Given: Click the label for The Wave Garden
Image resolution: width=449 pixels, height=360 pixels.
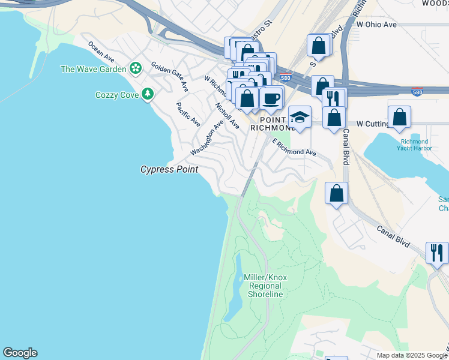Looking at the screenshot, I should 93,69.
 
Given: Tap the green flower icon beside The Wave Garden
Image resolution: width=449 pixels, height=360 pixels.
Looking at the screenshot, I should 136,68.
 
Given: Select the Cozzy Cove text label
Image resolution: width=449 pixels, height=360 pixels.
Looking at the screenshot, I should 117,95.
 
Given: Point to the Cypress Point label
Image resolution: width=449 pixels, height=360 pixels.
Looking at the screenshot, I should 169,170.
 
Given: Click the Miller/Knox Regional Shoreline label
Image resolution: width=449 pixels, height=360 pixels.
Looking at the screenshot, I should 265,286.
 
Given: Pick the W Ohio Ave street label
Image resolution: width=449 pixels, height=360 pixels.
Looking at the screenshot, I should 376,25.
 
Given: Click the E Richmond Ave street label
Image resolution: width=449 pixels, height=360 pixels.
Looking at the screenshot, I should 294,148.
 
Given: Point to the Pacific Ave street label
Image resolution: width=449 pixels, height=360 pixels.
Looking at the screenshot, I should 188,114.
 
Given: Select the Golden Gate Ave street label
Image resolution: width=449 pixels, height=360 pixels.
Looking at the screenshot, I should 170,76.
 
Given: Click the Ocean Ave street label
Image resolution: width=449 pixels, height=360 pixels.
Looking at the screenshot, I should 101,52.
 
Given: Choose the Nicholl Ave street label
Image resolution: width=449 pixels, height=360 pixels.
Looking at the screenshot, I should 228,116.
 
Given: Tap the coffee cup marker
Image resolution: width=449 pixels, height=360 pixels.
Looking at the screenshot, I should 271,98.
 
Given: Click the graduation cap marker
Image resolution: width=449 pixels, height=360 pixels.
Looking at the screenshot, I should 300,117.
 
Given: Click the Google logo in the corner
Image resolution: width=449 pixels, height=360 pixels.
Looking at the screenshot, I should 20,353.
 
